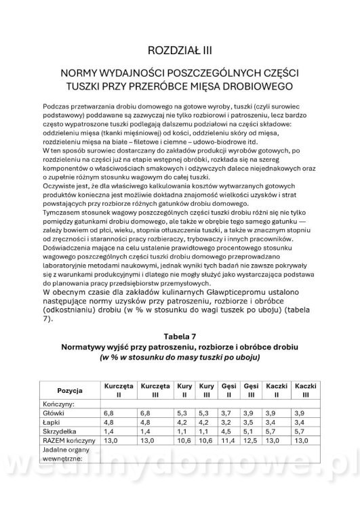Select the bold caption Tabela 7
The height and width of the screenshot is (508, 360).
180,335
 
